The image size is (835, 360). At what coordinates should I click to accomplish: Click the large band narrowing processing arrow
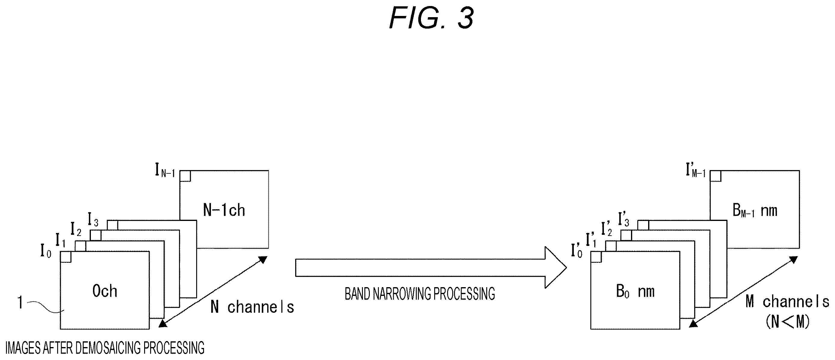pyautogui.click(x=431, y=268)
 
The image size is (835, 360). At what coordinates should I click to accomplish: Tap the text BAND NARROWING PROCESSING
pyautogui.click(x=420, y=294)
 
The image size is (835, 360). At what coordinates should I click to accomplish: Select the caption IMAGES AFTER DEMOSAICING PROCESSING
pyautogui.click(x=105, y=348)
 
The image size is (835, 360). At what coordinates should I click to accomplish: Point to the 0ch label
pyautogui.click(x=105, y=291)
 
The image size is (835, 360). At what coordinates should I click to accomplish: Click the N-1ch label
pyautogui.click(x=224, y=210)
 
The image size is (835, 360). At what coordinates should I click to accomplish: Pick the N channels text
pyautogui.click(x=252, y=307)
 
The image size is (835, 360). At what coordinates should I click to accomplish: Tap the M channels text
pyautogui.click(x=787, y=302)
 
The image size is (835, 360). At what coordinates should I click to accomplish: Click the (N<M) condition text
pyautogui.click(x=787, y=322)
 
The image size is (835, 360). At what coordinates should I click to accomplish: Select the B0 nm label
pyautogui.click(x=635, y=292)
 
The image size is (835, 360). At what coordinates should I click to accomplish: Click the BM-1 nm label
pyautogui.click(x=755, y=211)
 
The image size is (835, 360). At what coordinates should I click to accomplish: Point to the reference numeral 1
pyautogui.click(x=20, y=303)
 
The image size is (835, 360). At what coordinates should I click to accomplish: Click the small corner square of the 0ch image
pyautogui.click(x=66, y=256)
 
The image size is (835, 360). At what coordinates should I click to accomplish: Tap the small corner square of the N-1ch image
pyautogui.click(x=185, y=176)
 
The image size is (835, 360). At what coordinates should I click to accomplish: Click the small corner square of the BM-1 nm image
pyautogui.click(x=715, y=176)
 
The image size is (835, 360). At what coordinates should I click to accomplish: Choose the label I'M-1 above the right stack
pyautogui.click(x=696, y=170)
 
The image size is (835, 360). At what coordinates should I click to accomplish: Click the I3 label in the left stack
pyautogui.click(x=93, y=219)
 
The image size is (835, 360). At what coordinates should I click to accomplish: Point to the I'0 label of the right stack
pyautogui.click(x=577, y=251)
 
